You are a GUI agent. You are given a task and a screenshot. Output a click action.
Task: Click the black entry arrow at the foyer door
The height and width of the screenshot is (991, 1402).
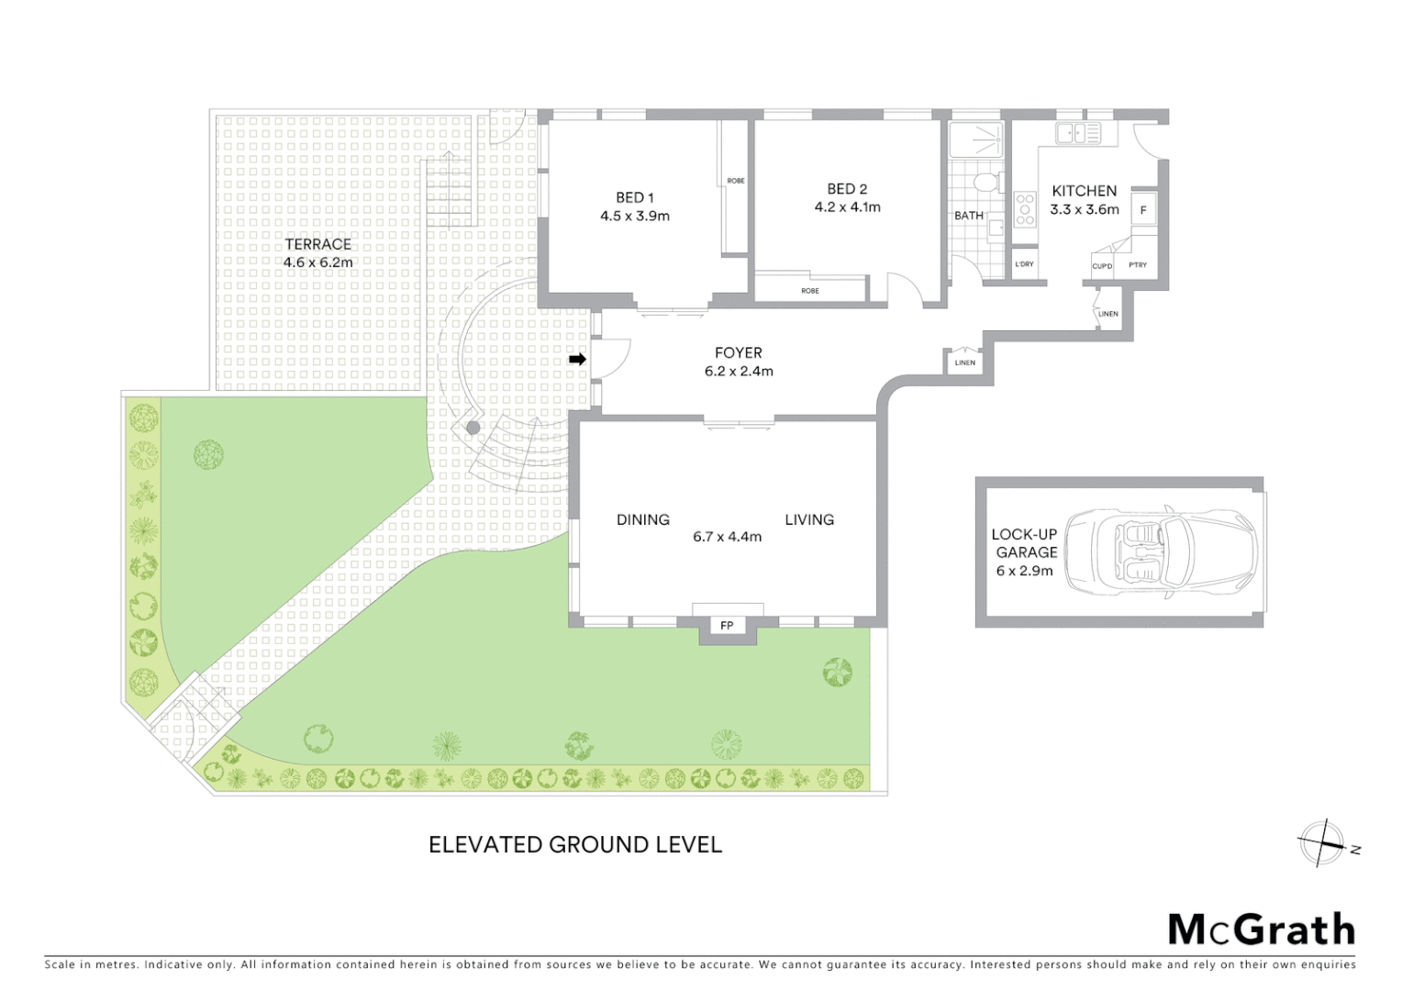click(x=577, y=359)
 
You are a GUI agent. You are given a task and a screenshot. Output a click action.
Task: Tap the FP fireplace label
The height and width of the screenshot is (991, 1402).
click(x=727, y=626)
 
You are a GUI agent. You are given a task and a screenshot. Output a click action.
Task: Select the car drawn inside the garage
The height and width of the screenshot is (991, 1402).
click(x=1172, y=553)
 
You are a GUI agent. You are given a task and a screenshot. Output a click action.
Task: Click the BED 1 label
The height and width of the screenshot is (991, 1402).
click(x=635, y=197)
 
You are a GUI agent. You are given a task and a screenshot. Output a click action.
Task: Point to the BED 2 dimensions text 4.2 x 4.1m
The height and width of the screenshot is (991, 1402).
click(x=847, y=207)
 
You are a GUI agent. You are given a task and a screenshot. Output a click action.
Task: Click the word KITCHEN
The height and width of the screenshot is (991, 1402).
click(x=1084, y=191)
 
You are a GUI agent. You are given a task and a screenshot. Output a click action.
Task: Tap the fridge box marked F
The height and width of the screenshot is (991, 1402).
click(x=1143, y=210)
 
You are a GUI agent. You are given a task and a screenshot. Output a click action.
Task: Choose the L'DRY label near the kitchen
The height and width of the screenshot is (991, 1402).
click(x=1024, y=264)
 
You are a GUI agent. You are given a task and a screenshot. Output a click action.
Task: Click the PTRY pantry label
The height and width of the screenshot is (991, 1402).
click(x=1138, y=265)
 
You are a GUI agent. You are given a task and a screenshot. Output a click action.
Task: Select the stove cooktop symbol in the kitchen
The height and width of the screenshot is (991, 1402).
click(x=1025, y=209)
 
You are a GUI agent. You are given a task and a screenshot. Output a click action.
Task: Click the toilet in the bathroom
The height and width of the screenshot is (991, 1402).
click(x=987, y=181)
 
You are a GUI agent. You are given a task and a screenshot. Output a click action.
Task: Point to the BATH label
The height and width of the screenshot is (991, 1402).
click(x=968, y=216)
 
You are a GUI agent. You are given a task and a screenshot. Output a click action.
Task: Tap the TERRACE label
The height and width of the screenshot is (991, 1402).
click(x=317, y=244)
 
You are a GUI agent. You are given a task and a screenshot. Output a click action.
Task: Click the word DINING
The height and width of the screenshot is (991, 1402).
click(x=642, y=519)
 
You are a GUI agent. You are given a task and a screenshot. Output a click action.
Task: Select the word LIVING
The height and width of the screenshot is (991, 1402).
click(x=809, y=519)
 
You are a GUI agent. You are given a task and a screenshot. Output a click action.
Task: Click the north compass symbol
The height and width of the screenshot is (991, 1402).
click(x=1322, y=843)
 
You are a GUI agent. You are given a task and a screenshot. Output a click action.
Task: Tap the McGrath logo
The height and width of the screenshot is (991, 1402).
click(x=1261, y=930)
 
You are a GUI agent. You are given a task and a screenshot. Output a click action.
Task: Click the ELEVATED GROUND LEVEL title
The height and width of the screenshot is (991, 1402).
click(x=575, y=844)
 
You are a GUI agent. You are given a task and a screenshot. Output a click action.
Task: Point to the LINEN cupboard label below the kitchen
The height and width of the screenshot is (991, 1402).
click(x=1108, y=314)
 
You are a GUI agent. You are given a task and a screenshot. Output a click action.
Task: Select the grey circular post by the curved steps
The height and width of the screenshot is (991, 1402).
click(x=473, y=428)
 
